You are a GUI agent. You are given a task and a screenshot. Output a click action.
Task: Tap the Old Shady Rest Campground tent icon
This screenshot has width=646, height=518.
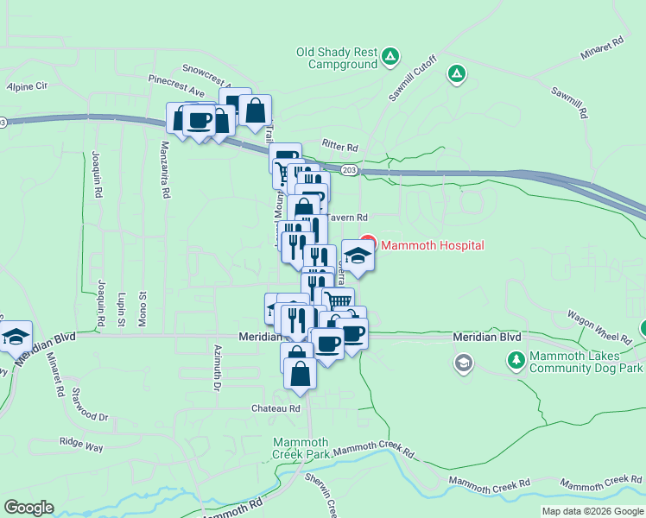(x=390, y=57)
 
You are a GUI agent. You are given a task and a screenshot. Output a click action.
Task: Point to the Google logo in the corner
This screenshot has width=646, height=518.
(x=28, y=508)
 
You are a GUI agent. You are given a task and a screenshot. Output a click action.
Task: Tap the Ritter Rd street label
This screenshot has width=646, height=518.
(x=339, y=146)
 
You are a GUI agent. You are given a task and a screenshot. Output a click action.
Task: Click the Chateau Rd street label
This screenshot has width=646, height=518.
(x=275, y=408)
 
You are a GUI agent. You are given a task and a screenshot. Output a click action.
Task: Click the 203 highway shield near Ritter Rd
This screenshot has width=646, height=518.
(x=348, y=171)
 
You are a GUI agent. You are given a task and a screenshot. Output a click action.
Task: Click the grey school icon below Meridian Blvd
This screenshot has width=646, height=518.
(x=464, y=363)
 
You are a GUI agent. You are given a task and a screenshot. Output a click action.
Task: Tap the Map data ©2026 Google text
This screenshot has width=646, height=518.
(x=592, y=511)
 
